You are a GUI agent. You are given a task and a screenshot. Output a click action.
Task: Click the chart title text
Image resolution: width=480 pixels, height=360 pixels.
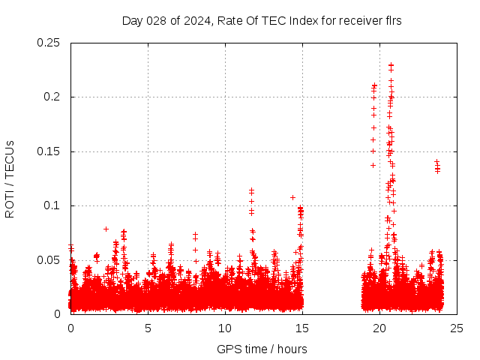tap(262, 20)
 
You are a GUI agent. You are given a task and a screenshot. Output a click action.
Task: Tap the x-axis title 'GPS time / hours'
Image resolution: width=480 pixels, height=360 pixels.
tap(262, 349)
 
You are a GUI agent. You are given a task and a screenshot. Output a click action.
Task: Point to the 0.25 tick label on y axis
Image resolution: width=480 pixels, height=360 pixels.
tap(49, 43)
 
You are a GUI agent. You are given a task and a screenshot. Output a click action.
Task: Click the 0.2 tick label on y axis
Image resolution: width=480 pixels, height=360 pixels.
tap(53, 97)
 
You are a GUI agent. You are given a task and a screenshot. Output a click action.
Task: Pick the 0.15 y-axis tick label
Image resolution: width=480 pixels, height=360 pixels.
tap(49, 151)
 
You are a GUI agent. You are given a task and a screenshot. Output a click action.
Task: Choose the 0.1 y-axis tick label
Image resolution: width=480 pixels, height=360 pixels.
tap(53, 205)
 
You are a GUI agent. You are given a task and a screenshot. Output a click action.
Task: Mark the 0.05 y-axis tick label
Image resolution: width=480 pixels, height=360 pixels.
tap(49, 260)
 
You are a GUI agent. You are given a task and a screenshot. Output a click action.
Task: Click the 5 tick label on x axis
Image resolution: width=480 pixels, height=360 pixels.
tap(148, 328)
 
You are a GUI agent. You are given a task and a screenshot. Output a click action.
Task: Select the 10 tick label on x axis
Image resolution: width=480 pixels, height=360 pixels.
tap(225, 328)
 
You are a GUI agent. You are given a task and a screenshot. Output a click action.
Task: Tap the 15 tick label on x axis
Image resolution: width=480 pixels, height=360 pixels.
tap(302, 328)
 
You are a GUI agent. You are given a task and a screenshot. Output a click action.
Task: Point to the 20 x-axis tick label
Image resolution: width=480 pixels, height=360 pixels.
tap(379, 328)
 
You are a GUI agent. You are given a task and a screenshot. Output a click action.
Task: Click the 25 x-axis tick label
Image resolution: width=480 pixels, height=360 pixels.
tap(457, 328)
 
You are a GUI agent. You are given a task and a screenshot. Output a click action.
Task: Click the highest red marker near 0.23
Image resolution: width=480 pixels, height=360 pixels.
tap(391, 65)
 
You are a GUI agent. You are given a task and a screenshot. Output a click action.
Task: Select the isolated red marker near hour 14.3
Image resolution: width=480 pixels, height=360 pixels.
tap(292, 197)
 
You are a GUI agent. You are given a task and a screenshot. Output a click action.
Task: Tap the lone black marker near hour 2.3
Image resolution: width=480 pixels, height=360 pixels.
tap(106, 229)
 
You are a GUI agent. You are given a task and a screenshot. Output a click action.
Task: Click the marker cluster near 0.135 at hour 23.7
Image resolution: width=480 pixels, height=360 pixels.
tap(437, 166)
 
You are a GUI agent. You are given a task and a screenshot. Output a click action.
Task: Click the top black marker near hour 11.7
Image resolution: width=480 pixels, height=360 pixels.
tap(251, 190)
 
